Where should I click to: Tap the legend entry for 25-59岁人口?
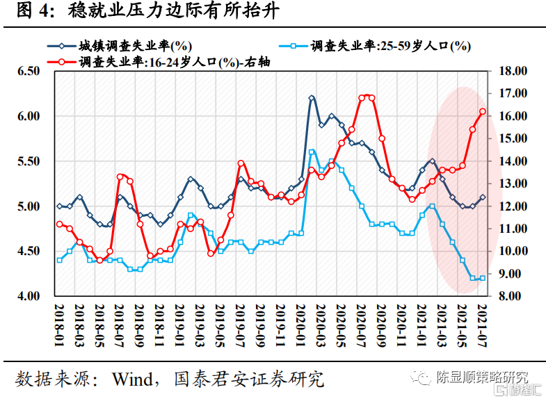[390, 47]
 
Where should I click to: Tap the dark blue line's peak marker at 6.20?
[312, 98]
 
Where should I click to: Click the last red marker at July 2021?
[483, 111]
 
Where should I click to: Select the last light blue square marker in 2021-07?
[483, 278]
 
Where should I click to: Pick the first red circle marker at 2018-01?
[60, 224]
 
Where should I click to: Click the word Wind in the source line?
[138, 379]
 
